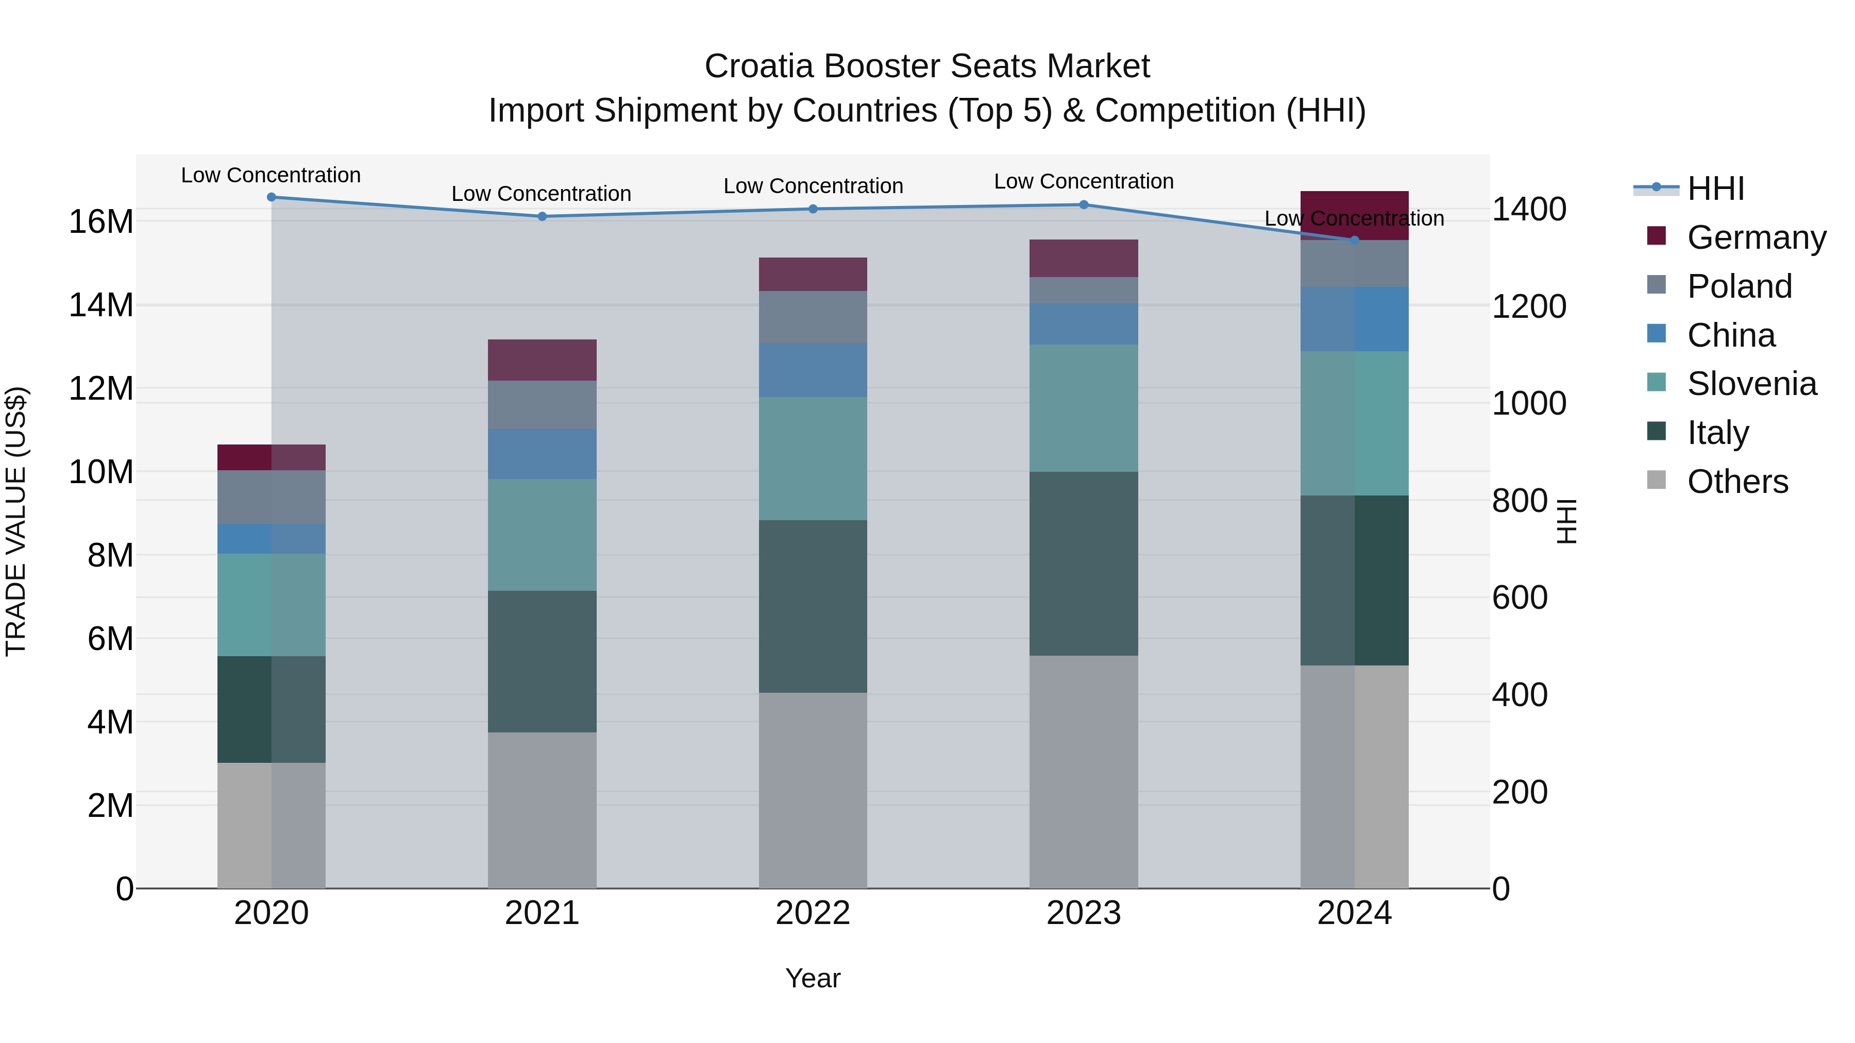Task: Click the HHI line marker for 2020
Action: click(x=272, y=197)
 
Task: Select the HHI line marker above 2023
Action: click(x=1084, y=204)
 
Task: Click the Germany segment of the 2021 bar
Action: click(x=542, y=360)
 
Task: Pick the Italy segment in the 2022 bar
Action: click(x=813, y=606)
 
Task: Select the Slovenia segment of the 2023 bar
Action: click(x=1084, y=408)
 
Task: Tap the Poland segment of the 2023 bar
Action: click(x=1084, y=290)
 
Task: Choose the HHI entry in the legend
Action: click(x=1715, y=189)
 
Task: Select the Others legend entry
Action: click(x=1737, y=482)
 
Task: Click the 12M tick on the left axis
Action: click(x=101, y=389)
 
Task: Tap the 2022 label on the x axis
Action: click(x=813, y=913)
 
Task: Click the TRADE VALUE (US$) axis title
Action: click(x=16, y=521)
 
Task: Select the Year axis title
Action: click(x=813, y=978)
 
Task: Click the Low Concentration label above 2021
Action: click(x=542, y=194)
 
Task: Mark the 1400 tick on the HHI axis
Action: click(x=1528, y=210)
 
